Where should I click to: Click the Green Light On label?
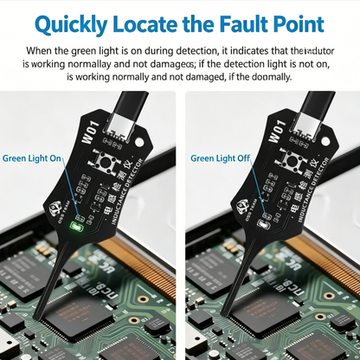pyautogui.click(x=32, y=159)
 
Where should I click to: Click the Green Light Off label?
pyautogui.click(x=220, y=158)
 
